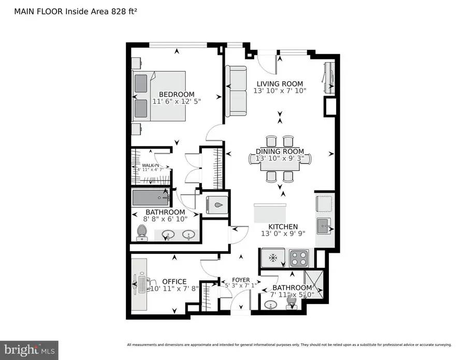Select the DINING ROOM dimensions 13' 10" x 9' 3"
coord(280,159)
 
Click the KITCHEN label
coord(283,226)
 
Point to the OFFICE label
coord(174,281)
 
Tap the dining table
coord(280,160)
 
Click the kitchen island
coord(270,212)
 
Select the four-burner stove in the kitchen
coord(299,257)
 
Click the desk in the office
coord(139,284)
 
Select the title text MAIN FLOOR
coord(34,11)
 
